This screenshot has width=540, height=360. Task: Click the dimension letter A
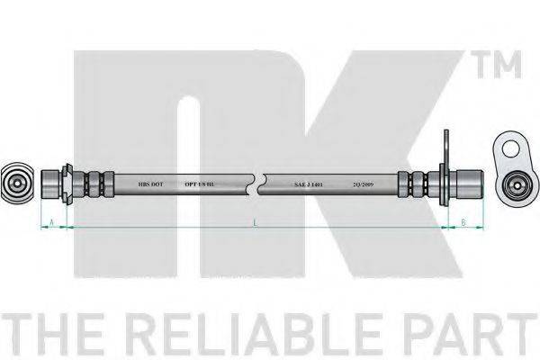coord(54,220)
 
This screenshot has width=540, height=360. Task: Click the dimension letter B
coord(463,220)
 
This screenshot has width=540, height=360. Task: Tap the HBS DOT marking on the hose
coord(151,182)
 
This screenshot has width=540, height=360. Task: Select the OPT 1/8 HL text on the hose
coord(201,182)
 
